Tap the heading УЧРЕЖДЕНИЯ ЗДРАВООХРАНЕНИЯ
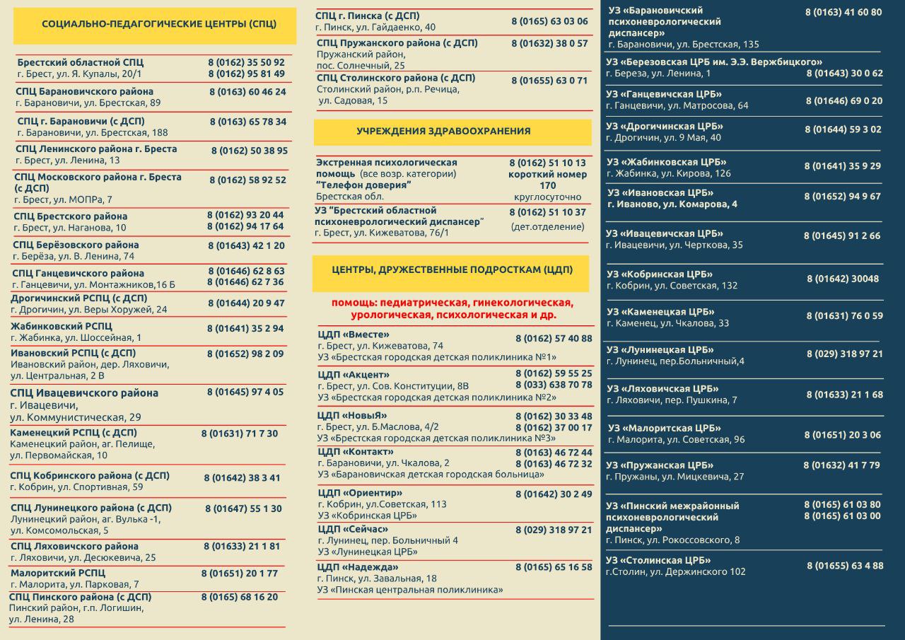click(x=443, y=132)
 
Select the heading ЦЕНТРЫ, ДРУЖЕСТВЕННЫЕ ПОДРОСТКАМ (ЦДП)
click(x=452, y=270)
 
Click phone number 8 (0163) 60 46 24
click(x=247, y=92)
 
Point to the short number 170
click(x=547, y=185)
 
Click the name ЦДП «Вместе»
click(x=354, y=334)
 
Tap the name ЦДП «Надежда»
click(x=358, y=567)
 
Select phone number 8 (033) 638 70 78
click(x=554, y=385)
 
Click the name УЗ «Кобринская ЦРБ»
click(x=659, y=274)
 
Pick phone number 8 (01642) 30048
click(x=843, y=279)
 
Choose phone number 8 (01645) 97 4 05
click(x=245, y=392)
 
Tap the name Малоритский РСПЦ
click(x=58, y=573)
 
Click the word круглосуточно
click(x=547, y=197)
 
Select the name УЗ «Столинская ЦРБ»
click(x=658, y=561)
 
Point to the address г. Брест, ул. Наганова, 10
click(x=71, y=228)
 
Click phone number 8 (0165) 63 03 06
click(x=549, y=21)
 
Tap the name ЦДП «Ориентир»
click(x=360, y=493)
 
